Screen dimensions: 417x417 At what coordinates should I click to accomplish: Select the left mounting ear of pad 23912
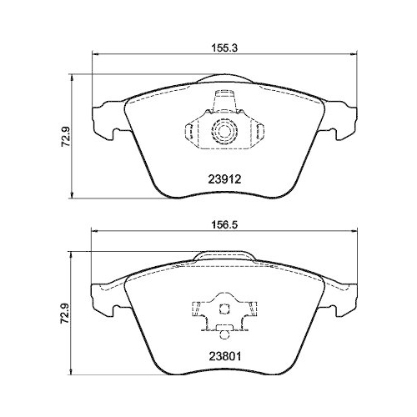tap(105, 119)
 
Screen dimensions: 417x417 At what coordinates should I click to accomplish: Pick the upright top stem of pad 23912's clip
tap(223, 102)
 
